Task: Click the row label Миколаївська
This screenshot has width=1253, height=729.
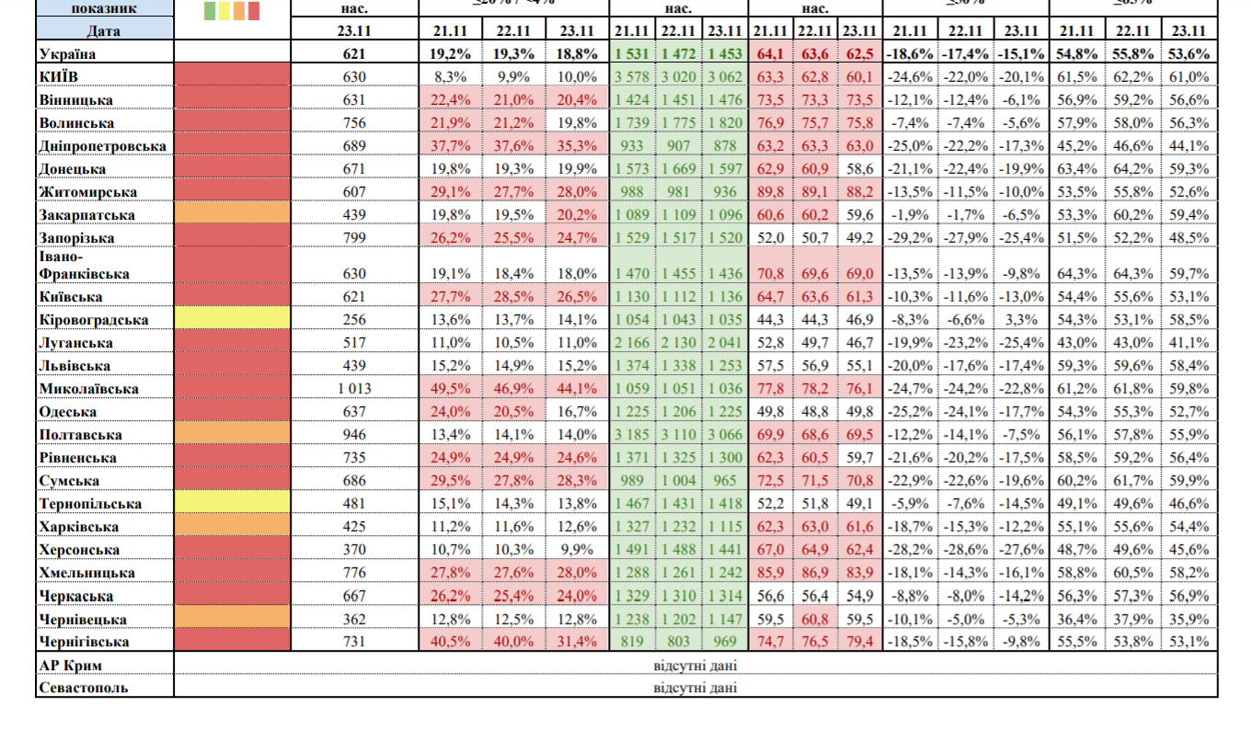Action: [89, 389]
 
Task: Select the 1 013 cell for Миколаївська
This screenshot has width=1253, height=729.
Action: [354, 389]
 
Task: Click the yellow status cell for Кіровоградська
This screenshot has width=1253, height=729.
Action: [232, 320]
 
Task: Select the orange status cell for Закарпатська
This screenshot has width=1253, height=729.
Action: [232, 214]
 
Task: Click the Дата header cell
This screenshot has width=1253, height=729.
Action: [104, 30]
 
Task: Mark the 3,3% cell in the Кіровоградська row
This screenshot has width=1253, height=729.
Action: [1024, 320]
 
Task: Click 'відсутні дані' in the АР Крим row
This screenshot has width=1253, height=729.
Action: [695, 665]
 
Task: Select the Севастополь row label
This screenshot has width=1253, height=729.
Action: [84, 688]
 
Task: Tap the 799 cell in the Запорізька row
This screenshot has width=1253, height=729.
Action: [354, 237]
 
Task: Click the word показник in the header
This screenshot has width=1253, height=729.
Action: [104, 8]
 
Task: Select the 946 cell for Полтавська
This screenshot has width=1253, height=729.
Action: [354, 435]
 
